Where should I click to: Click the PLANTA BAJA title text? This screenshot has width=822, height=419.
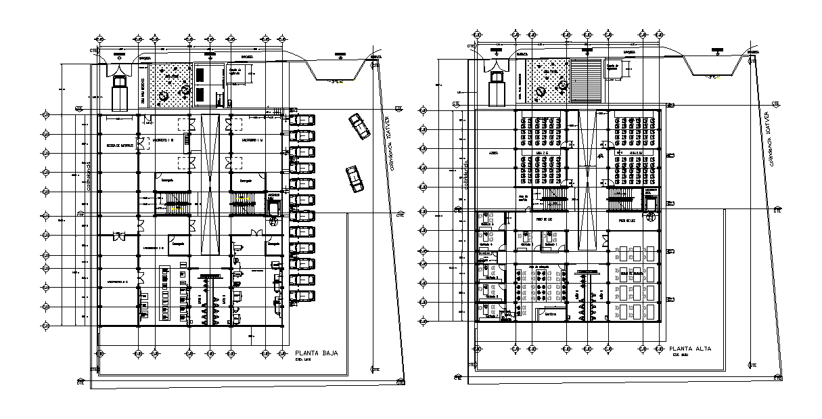point(317,353)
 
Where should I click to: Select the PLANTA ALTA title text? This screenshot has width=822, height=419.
point(688,349)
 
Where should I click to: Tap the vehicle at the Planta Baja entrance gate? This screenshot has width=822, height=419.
point(120,91)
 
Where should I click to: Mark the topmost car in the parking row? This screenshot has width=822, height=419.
point(302,120)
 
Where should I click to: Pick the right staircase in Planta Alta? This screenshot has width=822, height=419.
point(620,197)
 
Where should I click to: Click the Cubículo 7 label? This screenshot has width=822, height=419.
point(493,315)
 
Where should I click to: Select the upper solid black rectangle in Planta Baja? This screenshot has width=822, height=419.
point(202,76)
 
